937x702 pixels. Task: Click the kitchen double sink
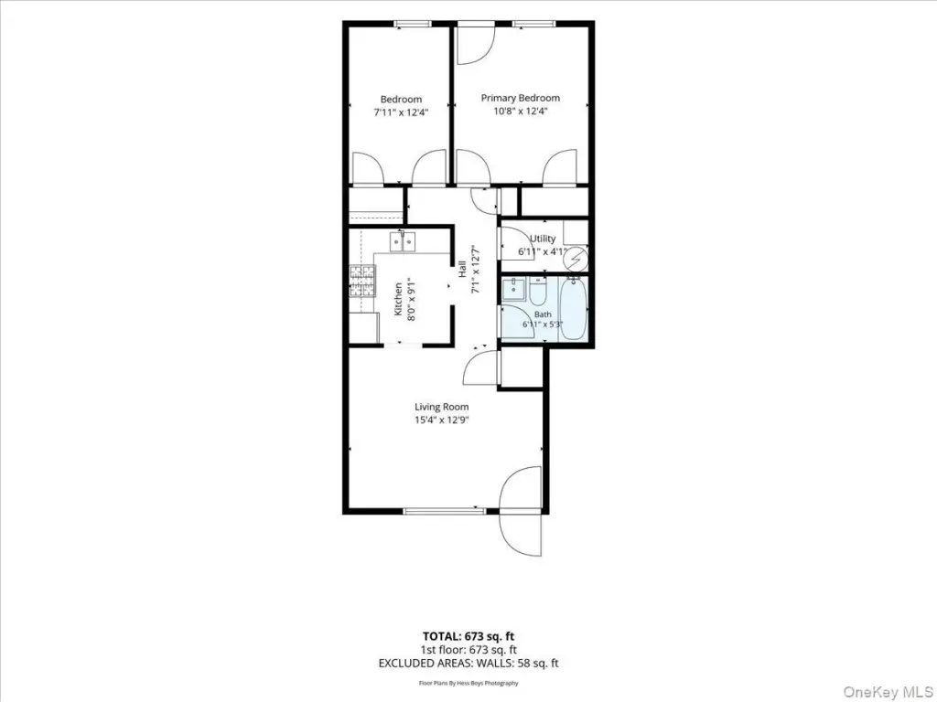[x=403, y=241]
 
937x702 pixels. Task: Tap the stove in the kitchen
[x=362, y=282]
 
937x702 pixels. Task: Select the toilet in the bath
[x=538, y=291]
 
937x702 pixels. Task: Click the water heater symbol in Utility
[x=577, y=259]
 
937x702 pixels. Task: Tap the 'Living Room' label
[x=442, y=407]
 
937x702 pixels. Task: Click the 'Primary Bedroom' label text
[x=521, y=98]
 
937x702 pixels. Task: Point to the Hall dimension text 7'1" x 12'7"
[x=476, y=270]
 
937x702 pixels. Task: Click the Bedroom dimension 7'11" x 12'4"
[x=401, y=112]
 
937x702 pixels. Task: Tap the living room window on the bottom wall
[x=445, y=511]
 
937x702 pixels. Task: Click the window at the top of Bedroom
[x=413, y=24]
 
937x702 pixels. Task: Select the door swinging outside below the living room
[x=521, y=534]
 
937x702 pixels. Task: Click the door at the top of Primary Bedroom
[x=476, y=43]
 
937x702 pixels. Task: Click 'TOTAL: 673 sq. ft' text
[x=468, y=636]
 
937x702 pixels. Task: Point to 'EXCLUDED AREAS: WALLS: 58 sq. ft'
[x=468, y=663]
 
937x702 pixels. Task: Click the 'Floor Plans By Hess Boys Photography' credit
[x=468, y=683]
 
